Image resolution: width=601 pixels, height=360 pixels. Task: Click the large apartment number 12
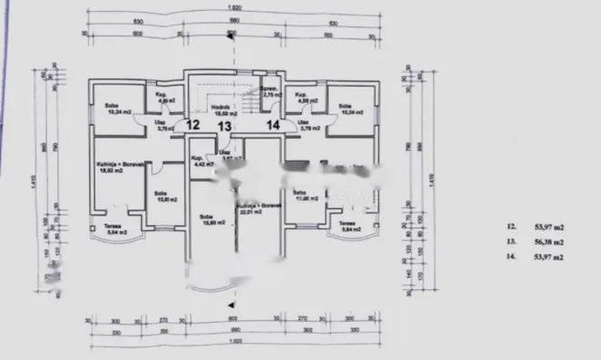point(192,125)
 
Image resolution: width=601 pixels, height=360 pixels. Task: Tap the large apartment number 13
point(222,125)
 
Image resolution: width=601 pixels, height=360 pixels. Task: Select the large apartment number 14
point(273,125)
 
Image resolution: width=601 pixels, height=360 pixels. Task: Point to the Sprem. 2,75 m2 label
point(270,92)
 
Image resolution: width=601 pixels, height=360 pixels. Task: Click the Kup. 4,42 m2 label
point(198,161)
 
